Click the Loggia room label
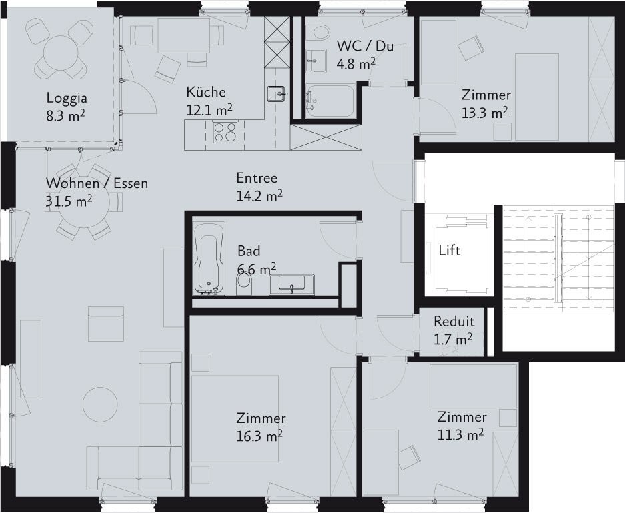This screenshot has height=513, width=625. click(x=67, y=98)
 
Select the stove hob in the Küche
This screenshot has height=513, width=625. click(x=225, y=132)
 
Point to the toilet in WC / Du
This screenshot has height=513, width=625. click(x=320, y=31)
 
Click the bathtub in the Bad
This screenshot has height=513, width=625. click(x=209, y=258)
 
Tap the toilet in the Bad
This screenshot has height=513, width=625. click(x=244, y=284)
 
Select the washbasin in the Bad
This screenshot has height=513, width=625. click(x=291, y=284)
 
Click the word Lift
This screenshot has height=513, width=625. click(x=449, y=251)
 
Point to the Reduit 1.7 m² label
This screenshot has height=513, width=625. click(x=454, y=330)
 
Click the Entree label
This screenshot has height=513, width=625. click(x=257, y=177)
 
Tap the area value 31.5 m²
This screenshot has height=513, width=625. click(x=69, y=201)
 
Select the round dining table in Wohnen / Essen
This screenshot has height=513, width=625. click(x=83, y=201)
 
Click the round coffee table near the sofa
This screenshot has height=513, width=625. click(x=100, y=404)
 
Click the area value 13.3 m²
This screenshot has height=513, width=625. click(x=485, y=112)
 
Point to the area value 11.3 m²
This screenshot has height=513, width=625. click(x=461, y=434)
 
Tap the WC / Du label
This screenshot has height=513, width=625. click(x=365, y=46)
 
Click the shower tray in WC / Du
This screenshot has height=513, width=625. click(x=330, y=101)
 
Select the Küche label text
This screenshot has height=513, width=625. click(x=206, y=92)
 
